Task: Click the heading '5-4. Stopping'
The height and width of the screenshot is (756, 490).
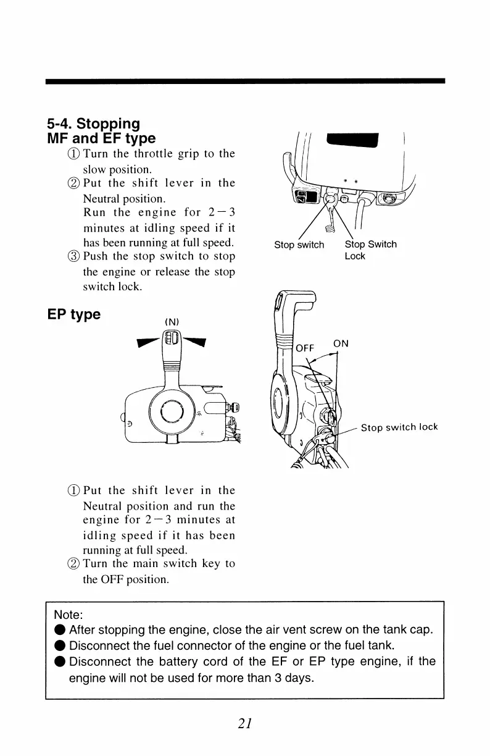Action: click(93, 124)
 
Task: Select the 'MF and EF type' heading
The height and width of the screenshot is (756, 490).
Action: click(101, 138)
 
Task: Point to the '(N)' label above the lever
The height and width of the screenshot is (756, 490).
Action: click(171, 321)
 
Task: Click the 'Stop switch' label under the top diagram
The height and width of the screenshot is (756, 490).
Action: click(299, 245)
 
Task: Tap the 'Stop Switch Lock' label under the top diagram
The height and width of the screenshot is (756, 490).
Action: click(370, 250)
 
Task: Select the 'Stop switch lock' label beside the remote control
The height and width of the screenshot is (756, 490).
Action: click(399, 427)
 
